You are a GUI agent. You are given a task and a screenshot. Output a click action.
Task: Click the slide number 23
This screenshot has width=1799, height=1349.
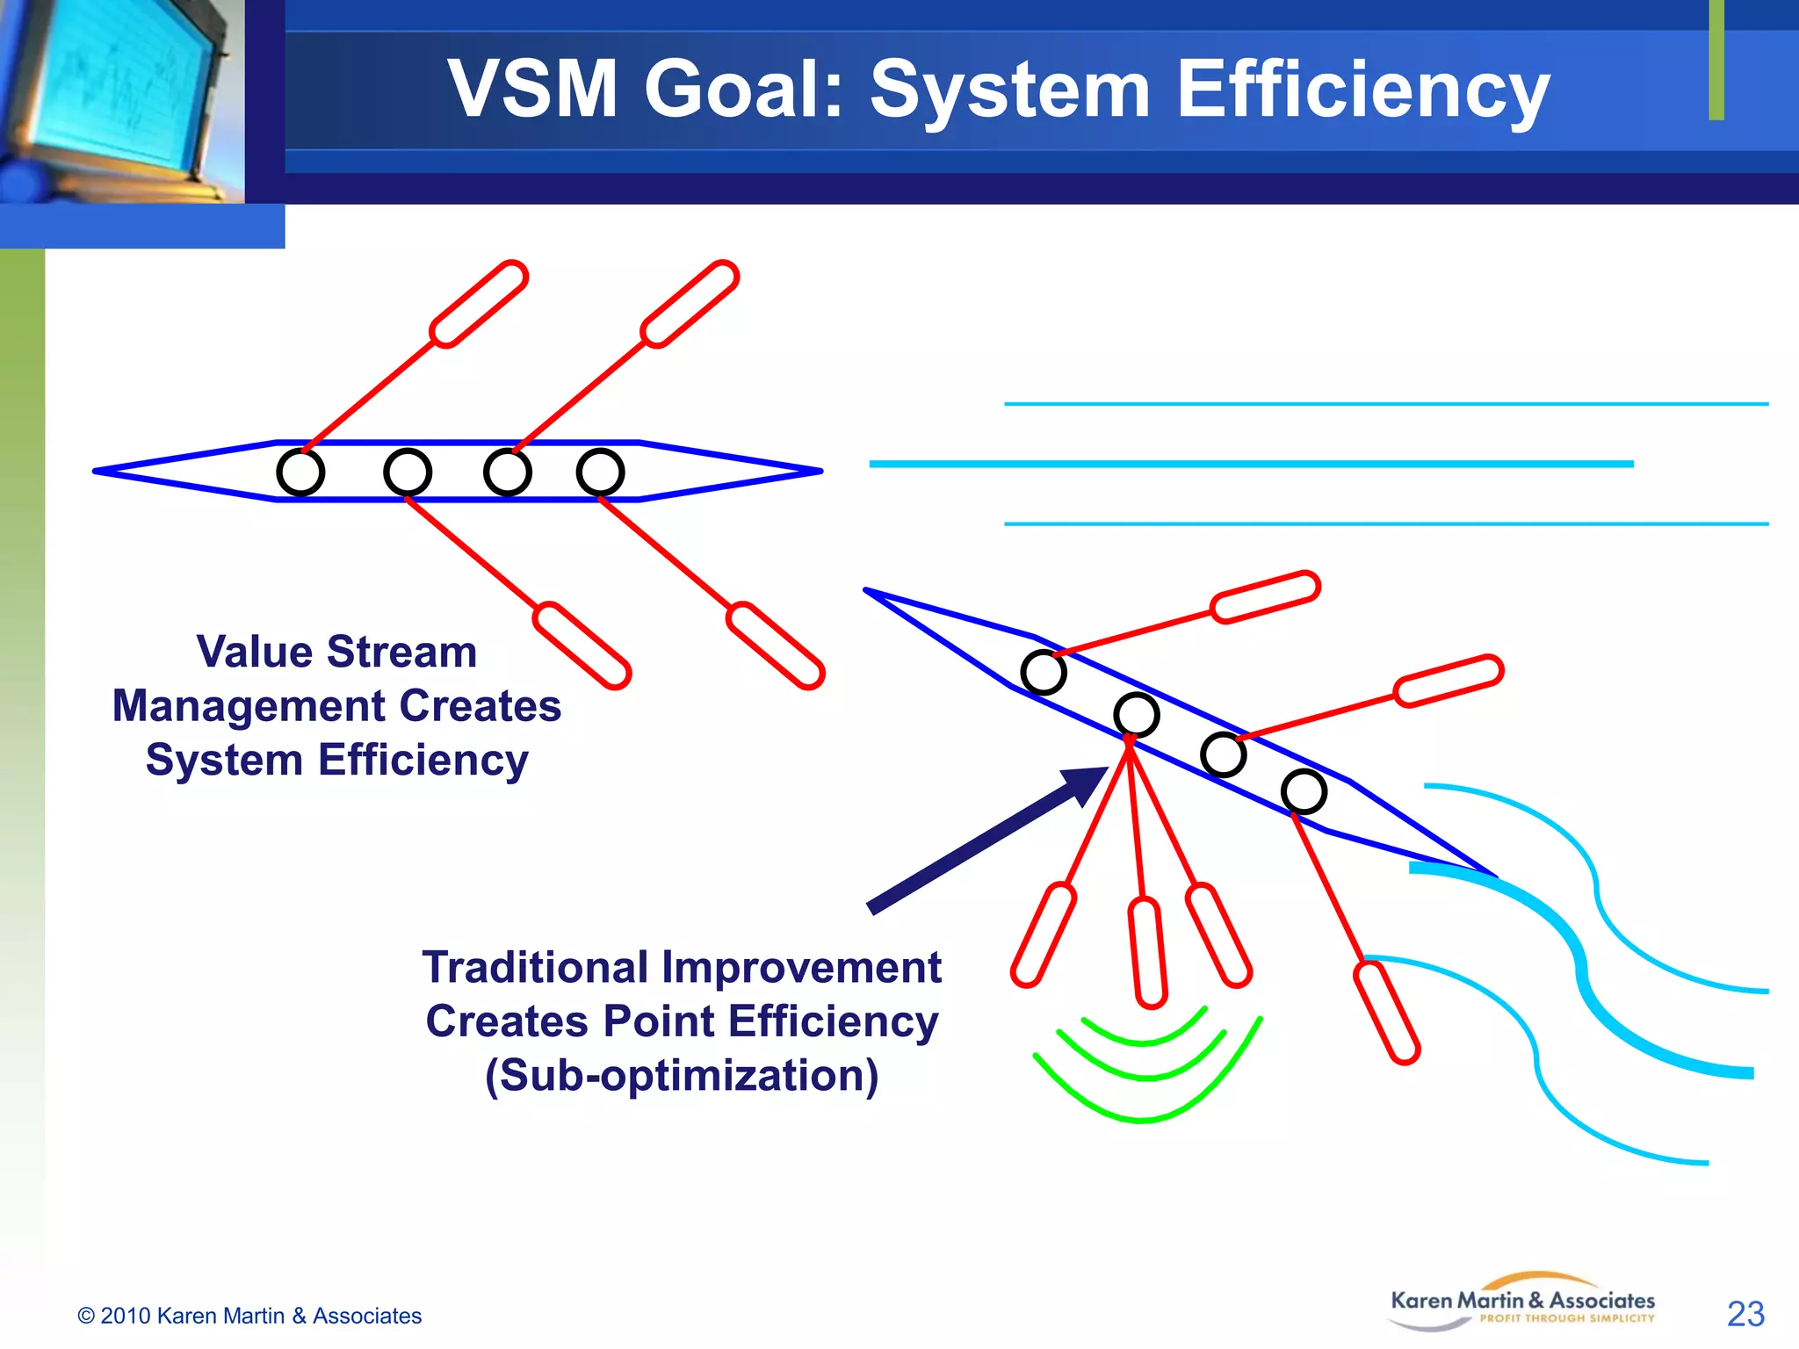point(1745,1314)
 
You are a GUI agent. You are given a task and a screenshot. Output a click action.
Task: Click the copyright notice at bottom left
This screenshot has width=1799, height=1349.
point(249,1316)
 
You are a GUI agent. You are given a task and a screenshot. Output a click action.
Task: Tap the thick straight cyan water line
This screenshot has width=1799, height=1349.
point(1251,464)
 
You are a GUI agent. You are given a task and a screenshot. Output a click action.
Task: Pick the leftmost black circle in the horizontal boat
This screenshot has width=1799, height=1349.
point(300,472)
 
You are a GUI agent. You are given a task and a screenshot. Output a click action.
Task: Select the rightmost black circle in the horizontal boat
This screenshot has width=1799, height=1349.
point(600,472)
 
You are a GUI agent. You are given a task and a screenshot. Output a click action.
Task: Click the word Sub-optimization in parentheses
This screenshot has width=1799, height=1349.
point(682,1076)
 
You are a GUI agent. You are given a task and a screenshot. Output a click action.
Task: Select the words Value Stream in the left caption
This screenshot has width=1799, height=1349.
point(336,653)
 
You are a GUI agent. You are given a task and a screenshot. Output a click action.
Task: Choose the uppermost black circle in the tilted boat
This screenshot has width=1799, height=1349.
point(1044,673)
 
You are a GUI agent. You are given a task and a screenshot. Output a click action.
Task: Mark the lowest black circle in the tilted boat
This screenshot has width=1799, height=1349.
point(1304,791)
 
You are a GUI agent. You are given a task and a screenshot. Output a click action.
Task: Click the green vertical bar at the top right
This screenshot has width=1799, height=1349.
point(1716,60)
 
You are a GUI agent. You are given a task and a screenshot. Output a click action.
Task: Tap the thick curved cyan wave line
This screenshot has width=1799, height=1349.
point(1581,966)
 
